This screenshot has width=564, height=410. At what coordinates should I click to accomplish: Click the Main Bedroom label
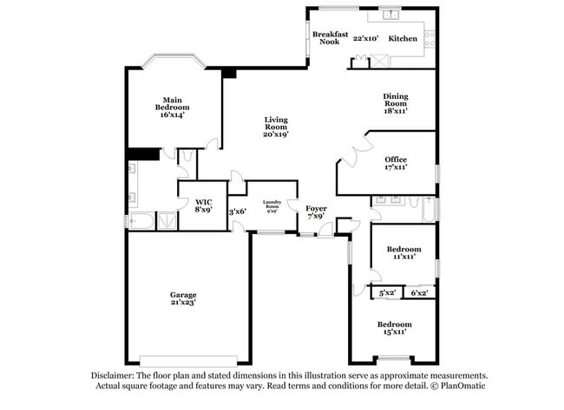pyautogui.click(x=172, y=107)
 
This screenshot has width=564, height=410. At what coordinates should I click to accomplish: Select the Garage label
pyautogui.click(x=182, y=295)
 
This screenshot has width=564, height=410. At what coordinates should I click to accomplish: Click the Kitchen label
pyautogui.click(x=402, y=38)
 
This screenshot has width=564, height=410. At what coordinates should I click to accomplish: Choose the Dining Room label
pyautogui.click(x=396, y=103)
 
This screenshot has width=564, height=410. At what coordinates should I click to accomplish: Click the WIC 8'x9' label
pyautogui.click(x=203, y=205)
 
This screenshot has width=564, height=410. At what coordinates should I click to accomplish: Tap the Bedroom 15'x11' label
pyautogui.click(x=394, y=327)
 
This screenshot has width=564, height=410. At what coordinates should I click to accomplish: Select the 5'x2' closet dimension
pyautogui.click(x=386, y=293)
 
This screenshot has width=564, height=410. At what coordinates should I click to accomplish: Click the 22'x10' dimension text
pyautogui.click(x=364, y=38)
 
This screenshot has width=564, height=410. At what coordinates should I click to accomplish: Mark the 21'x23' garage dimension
pyautogui.click(x=182, y=303)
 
